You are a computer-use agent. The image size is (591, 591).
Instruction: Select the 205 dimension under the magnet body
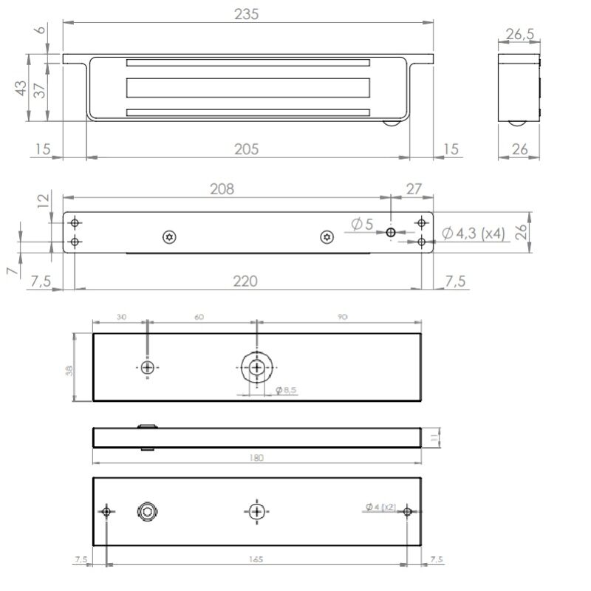246,149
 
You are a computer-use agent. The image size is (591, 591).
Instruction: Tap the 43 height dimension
21,88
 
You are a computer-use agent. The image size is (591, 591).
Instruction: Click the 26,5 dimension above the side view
519,34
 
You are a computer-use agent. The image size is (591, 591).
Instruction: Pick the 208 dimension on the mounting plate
222,189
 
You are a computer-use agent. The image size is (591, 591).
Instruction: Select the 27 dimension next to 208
414,189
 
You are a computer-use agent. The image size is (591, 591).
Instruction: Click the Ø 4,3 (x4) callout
474,233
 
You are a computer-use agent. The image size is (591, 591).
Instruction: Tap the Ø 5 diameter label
363,224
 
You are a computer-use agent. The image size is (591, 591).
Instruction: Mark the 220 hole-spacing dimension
245,281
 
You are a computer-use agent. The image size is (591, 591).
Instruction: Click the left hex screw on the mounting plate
170,236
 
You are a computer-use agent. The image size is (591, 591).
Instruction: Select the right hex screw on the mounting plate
327,236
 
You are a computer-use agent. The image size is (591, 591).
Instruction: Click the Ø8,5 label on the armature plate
285,389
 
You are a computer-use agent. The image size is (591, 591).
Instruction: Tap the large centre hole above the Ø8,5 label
256,367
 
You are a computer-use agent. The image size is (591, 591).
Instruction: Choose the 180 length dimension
256,458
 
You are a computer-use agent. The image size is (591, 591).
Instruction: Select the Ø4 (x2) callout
380,508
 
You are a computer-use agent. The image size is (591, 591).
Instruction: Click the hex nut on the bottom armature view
147,512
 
